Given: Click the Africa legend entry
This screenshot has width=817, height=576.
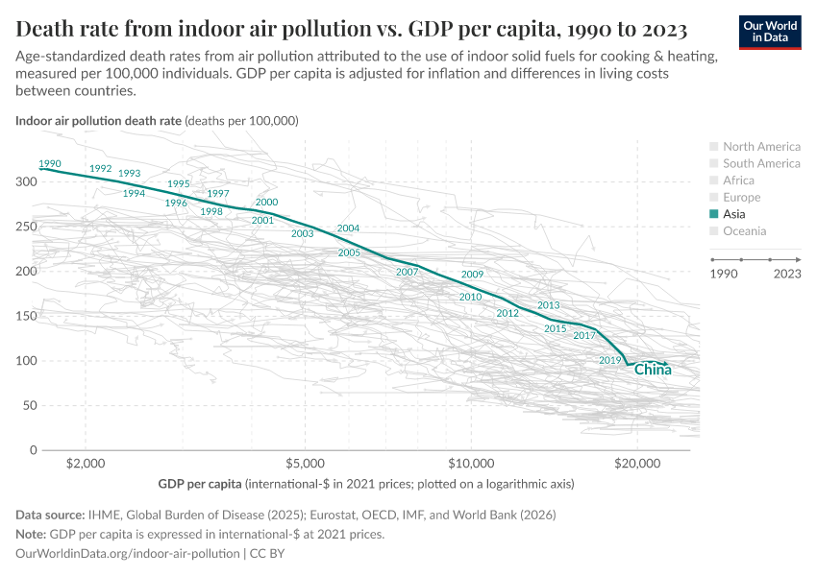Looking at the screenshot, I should [x=738, y=180].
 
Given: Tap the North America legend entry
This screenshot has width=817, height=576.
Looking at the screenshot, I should [x=760, y=147].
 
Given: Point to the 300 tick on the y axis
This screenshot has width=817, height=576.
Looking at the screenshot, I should [x=26, y=182].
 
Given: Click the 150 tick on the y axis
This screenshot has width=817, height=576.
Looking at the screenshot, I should [x=26, y=316].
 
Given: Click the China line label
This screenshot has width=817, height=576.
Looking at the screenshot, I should [x=653, y=370].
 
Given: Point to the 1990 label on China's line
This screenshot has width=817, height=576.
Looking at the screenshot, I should [x=49, y=164].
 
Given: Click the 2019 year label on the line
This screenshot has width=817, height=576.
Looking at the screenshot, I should [x=610, y=360].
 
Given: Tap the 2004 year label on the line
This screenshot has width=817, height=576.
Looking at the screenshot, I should [x=348, y=228].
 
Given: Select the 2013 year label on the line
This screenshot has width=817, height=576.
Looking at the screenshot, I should [x=548, y=305].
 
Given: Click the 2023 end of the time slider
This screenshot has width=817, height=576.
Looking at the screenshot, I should [x=800, y=259].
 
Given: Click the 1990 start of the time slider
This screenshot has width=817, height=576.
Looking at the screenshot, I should [x=711, y=259].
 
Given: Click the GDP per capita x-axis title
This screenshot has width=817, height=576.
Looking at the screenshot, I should [x=199, y=484].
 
